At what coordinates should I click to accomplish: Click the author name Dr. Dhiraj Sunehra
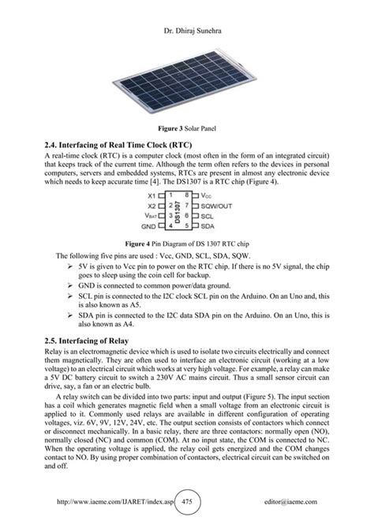point(186,11)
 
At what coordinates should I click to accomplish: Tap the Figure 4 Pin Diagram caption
point(187,244)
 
